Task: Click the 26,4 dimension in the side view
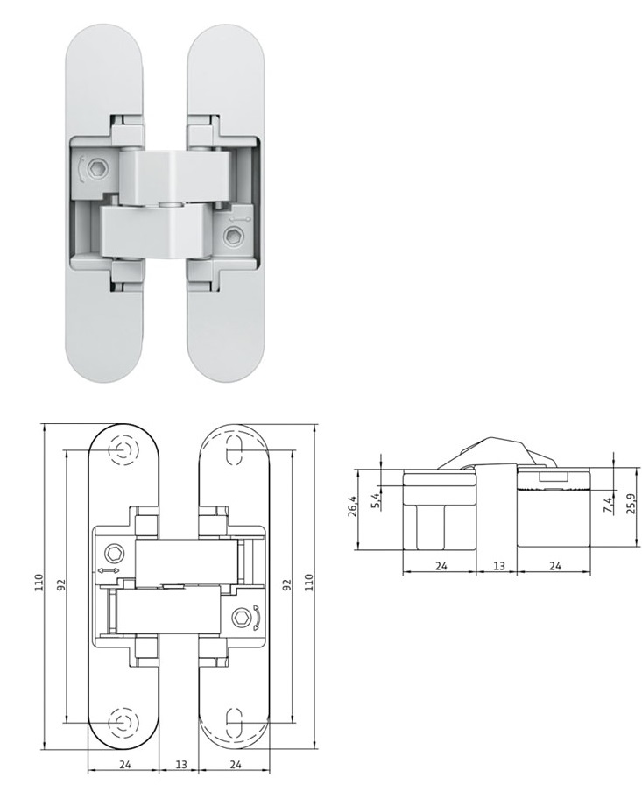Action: (352, 506)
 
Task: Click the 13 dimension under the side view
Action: (498, 566)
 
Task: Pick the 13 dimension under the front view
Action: (180, 764)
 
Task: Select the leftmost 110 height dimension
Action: (39, 583)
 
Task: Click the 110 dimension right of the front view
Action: (309, 583)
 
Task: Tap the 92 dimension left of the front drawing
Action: (61, 585)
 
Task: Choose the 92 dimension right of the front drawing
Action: (287, 585)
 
